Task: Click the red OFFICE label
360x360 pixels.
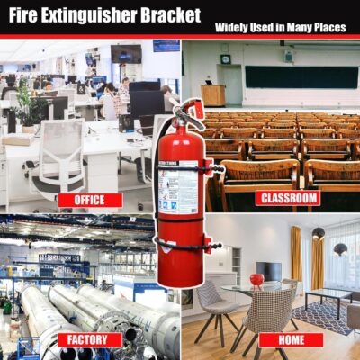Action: click(x=89, y=200)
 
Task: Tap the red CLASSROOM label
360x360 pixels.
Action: click(x=287, y=197)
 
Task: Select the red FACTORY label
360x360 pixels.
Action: click(x=89, y=339)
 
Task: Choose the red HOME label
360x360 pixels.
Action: click(x=290, y=339)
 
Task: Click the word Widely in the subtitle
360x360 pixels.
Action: click(x=235, y=28)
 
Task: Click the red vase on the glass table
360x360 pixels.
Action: click(x=256, y=281)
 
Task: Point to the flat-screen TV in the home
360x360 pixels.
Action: click(x=268, y=271)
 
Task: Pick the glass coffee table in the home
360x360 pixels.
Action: click(x=327, y=297)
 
